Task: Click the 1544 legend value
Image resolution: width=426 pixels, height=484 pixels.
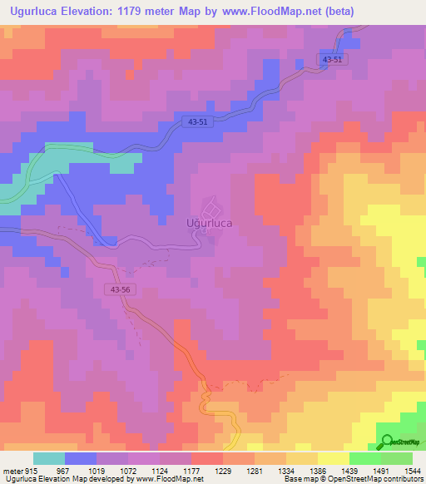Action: (x=413, y=470)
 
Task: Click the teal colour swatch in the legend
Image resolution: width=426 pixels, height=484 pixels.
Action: (x=49, y=458)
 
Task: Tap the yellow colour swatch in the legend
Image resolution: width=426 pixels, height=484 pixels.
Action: (x=333, y=458)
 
